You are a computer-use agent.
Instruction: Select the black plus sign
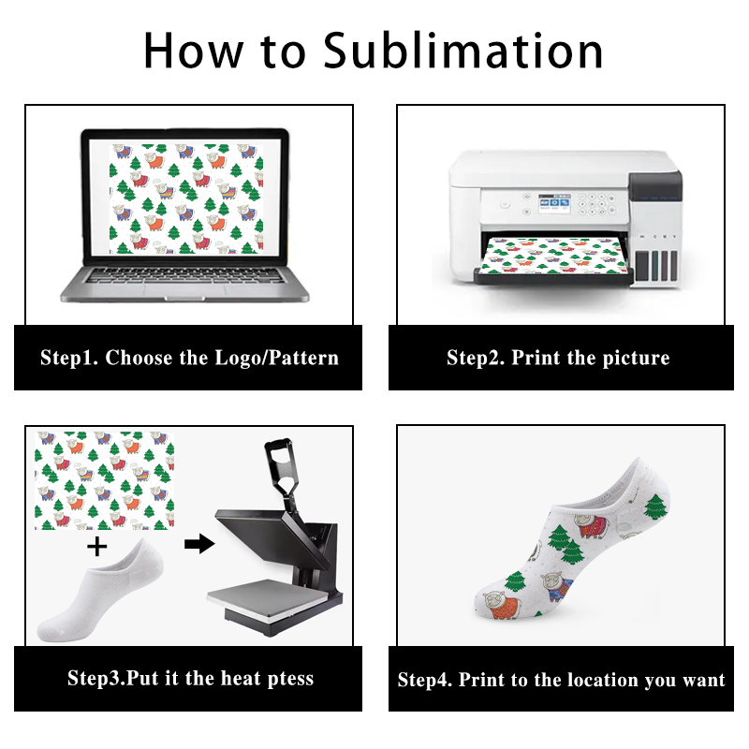pyautogui.click(x=96, y=544)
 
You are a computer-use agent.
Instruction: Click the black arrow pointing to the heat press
pyautogui.click(x=198, y=544)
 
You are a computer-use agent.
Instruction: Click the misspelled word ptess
pyautogui.click(x=285, y=678)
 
